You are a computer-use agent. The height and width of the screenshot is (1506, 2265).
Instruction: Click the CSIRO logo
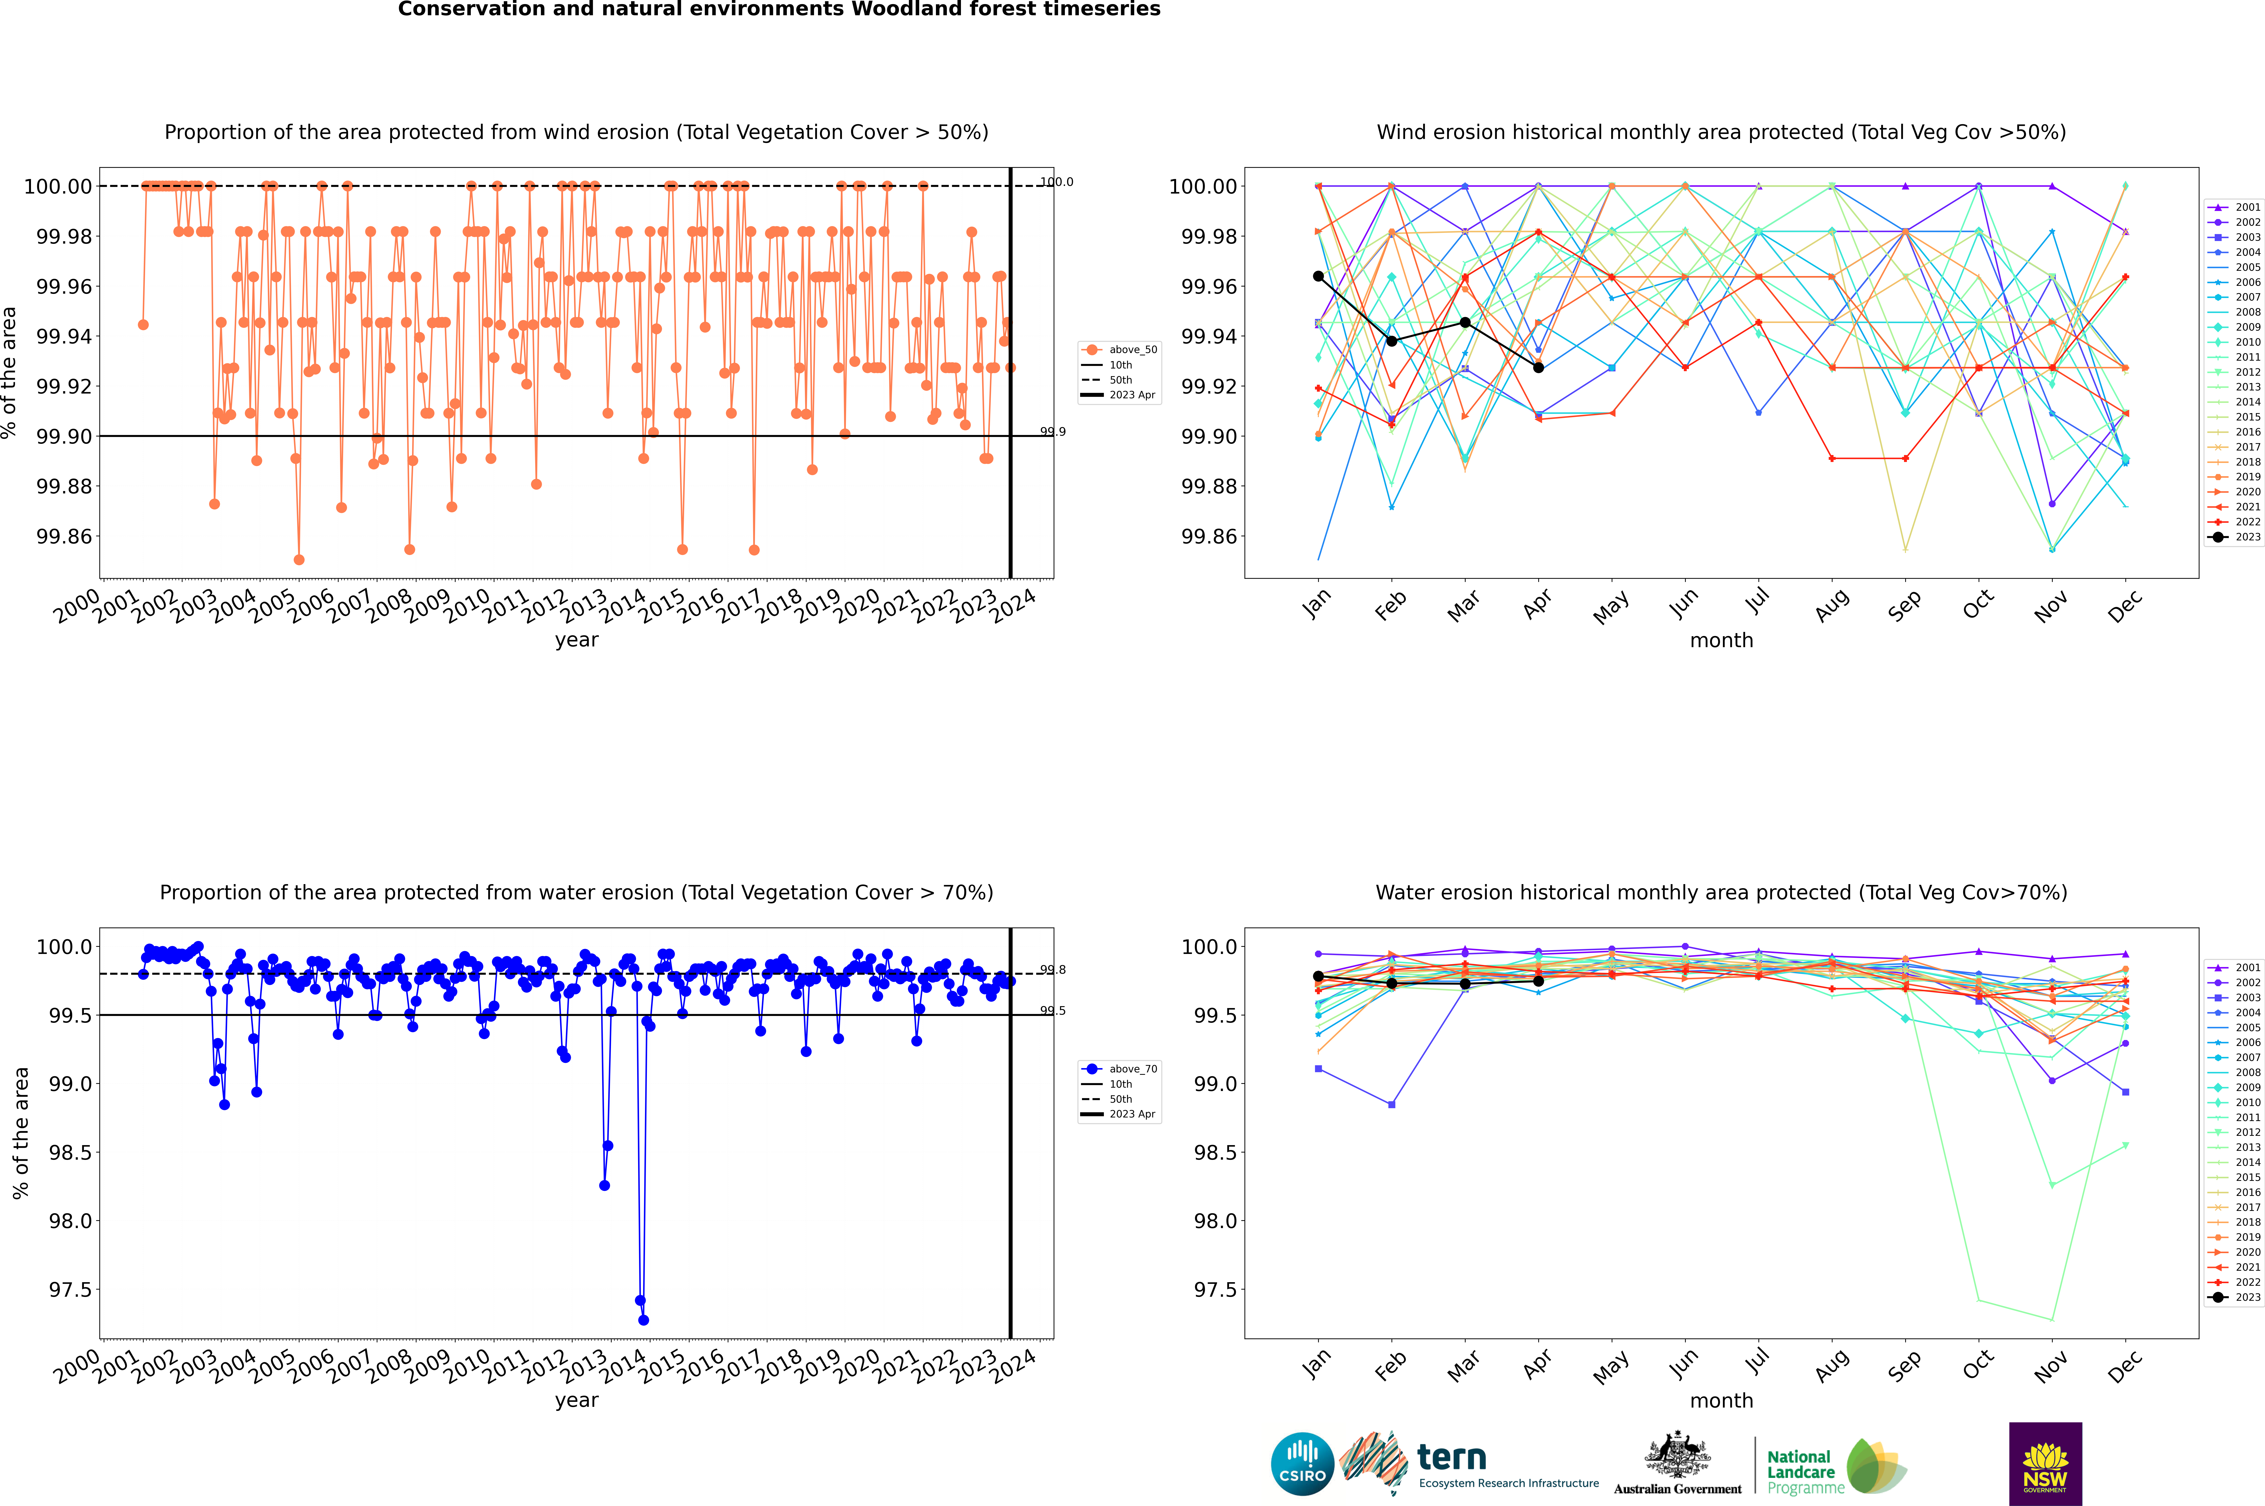pos(1302,1464)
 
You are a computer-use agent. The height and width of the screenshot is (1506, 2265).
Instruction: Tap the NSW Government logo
pos(2045,1464)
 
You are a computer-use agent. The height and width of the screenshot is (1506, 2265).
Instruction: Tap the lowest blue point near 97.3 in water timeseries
pos(643,1320)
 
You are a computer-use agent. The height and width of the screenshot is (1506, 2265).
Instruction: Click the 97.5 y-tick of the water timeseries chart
pos(71,1290)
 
